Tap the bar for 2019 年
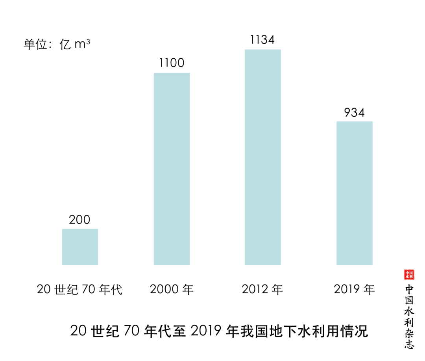coord(354,193)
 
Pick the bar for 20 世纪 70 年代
coord(80,246)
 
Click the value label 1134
coord(262,40)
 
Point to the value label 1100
coord(172,63)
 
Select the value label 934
coord(354,112)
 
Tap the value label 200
coord(80,220)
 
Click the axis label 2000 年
coord(172,290)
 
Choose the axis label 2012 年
coord(262,290)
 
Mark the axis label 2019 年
coord(354,290)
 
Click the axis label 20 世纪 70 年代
coord(80,290)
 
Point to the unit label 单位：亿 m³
coord(57,44)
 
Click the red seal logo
coord(409,275)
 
